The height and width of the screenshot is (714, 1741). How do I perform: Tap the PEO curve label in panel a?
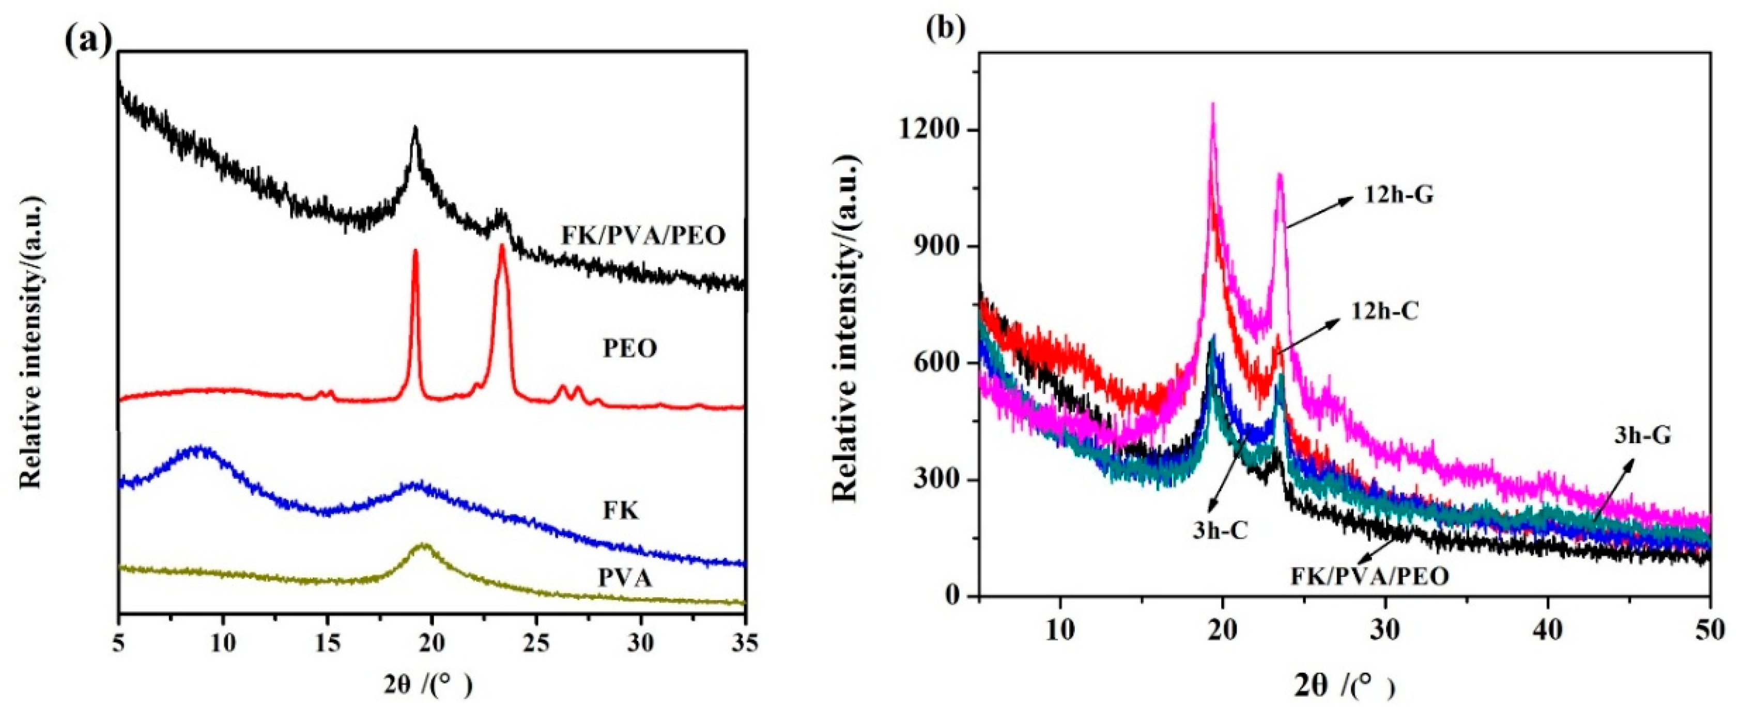coord(630,350)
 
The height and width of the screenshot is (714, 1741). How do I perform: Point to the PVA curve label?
coord(625,578)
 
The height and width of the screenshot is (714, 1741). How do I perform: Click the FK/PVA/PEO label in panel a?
coord(643,235)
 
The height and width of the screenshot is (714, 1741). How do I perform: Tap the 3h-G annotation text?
coord(1642,436)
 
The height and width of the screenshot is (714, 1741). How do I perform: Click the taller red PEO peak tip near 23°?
coord(501,246)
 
